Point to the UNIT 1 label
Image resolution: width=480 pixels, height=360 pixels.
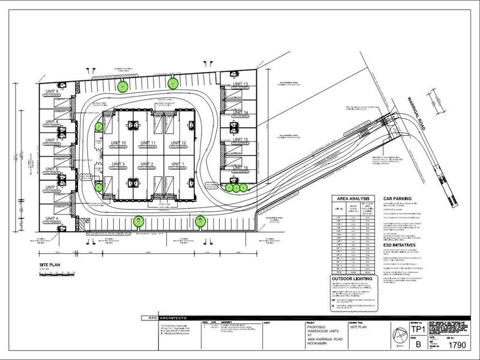click(179, 164)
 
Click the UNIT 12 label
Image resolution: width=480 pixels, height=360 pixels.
click(179, 142)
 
